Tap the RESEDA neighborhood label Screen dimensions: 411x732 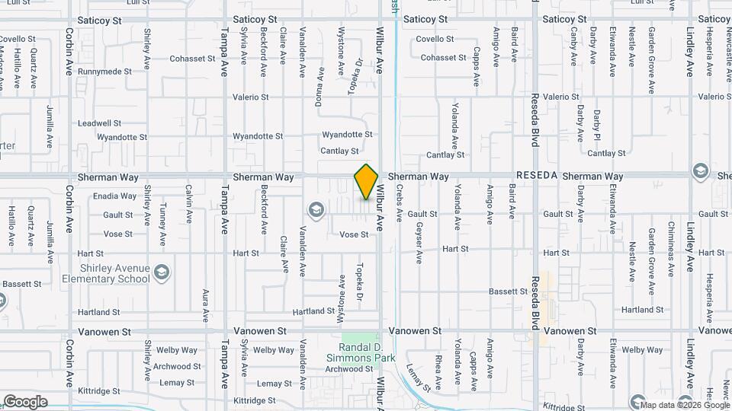[x=537, y=176]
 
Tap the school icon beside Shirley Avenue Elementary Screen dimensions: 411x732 [x=162, y=272]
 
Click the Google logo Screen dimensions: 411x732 [x=25, y=401]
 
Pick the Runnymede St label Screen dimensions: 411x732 [x=104, y=72]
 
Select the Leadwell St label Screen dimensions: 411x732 [x=99, y=123]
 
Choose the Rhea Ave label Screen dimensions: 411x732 [x=438, y=371]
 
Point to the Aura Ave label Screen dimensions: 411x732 [x=206, y=304]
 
